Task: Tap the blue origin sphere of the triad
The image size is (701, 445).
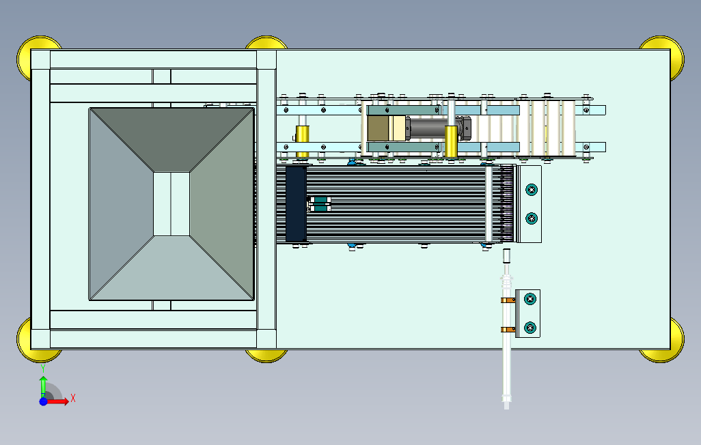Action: coord(43,401)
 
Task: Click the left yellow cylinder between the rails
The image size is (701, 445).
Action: coord(302,139)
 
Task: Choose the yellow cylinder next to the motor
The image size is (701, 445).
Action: coord(451,140)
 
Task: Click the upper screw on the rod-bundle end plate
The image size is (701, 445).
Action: coord(531,188)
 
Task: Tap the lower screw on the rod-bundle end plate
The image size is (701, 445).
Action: coord(531,218)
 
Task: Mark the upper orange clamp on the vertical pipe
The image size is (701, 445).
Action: coord(507,300)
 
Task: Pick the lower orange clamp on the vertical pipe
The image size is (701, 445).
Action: coord(506,330)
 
